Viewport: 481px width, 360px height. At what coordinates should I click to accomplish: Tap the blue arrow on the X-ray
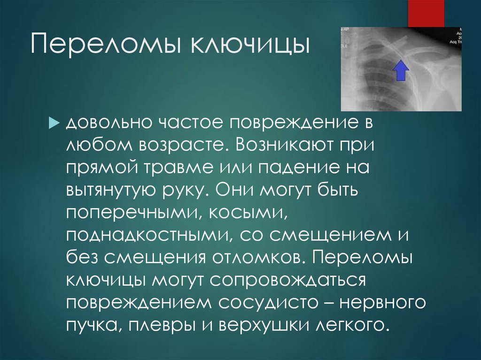coord(400,71)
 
